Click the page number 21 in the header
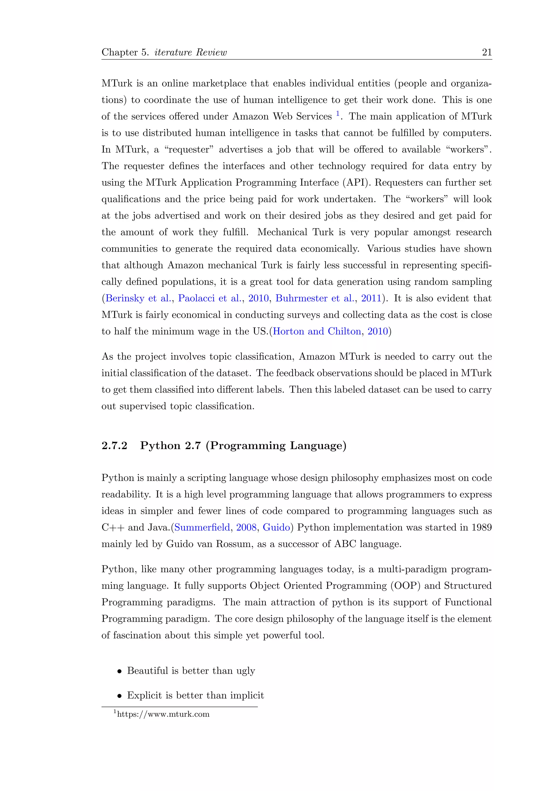[486, 52]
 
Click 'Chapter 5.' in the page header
[125, 52]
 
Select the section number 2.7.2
[115, 445]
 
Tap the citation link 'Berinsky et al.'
[138, 298]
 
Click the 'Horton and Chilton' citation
[317, 331]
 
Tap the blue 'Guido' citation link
[276, 527]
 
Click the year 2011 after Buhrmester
[371, 298]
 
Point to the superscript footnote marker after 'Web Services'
[338, 113]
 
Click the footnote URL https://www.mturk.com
[163, 714]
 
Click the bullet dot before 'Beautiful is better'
[119, 671]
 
